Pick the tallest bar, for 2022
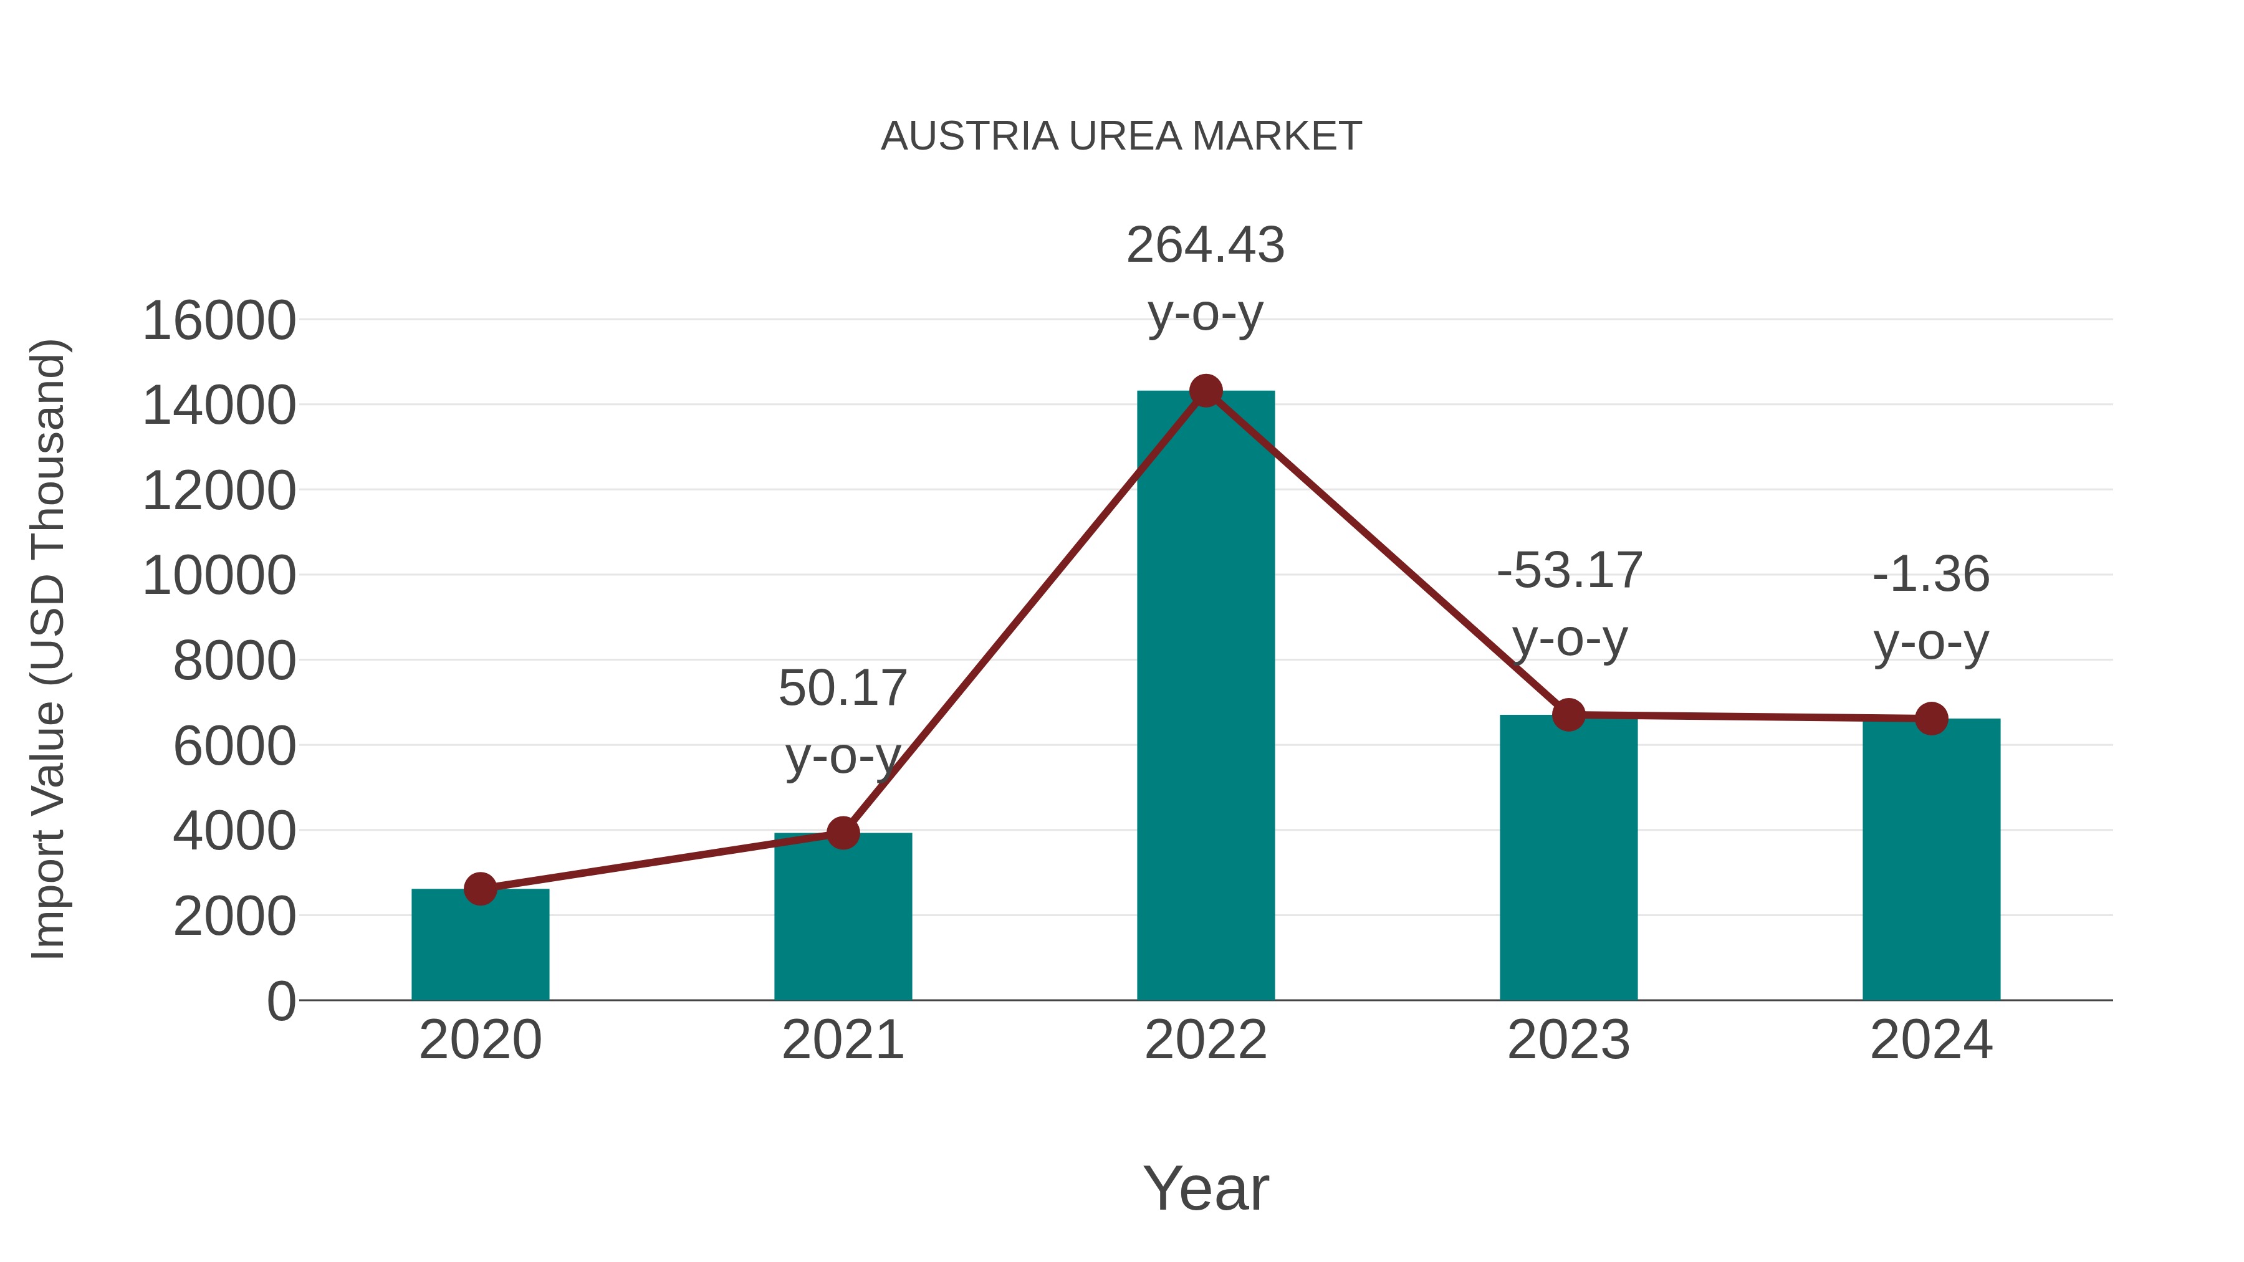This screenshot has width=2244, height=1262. pyautogui.click(x=1206, y=697)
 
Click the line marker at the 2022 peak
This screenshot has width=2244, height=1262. pyautogui.click(x=1206, y=391)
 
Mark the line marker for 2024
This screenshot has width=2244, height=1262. pyautogui.click(x=1931, y=719)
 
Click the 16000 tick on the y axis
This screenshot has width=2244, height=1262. pyautogui.click(x=219, y=320)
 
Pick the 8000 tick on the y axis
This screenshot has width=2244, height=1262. pyautogui.click(x=234, y=661)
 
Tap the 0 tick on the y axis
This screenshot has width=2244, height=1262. pyautogui.click(x=281, y=1001)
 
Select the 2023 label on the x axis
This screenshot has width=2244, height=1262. pyautogui.click(x=1568, y=1040)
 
